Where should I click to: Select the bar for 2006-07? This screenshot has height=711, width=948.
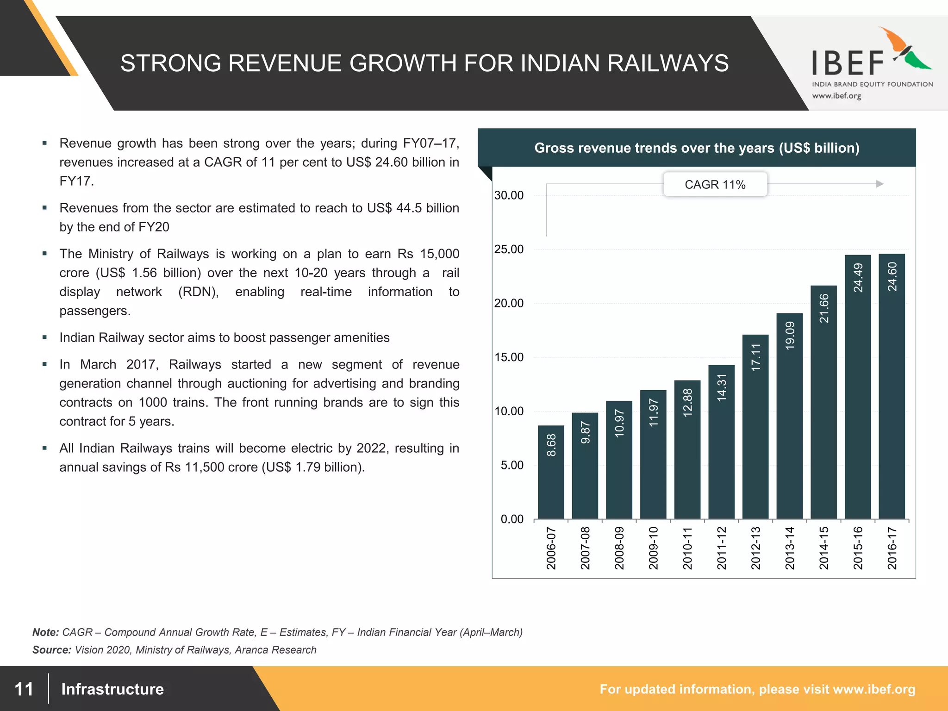(551, 472)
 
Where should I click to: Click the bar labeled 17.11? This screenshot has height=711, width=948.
(755, 426)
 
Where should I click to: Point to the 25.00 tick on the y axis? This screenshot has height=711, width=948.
(509, 249)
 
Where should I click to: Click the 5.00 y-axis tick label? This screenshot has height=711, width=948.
(511, 465)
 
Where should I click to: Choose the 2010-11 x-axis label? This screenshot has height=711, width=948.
(687, 548)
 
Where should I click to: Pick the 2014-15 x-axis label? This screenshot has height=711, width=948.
(823, 548)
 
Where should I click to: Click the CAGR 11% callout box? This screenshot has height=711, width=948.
(715, 185)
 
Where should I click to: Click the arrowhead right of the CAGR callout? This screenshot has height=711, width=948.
(879, 184)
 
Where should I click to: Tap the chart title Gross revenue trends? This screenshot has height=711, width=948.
(697, 148)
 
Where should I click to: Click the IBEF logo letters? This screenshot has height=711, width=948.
(848, 63)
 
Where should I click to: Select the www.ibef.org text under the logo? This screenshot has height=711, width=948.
(836, 96)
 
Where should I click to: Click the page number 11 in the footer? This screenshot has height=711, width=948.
(24, 689)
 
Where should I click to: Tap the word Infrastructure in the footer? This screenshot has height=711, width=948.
(112, 689)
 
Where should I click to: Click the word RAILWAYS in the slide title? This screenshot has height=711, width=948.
(667, 63)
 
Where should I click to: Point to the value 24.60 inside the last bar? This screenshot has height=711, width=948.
(892, 277)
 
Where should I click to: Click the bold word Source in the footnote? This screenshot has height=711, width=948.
(51, 650)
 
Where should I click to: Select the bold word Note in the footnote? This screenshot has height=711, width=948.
(45, 632)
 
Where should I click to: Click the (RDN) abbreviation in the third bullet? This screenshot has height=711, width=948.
(199, 292)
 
